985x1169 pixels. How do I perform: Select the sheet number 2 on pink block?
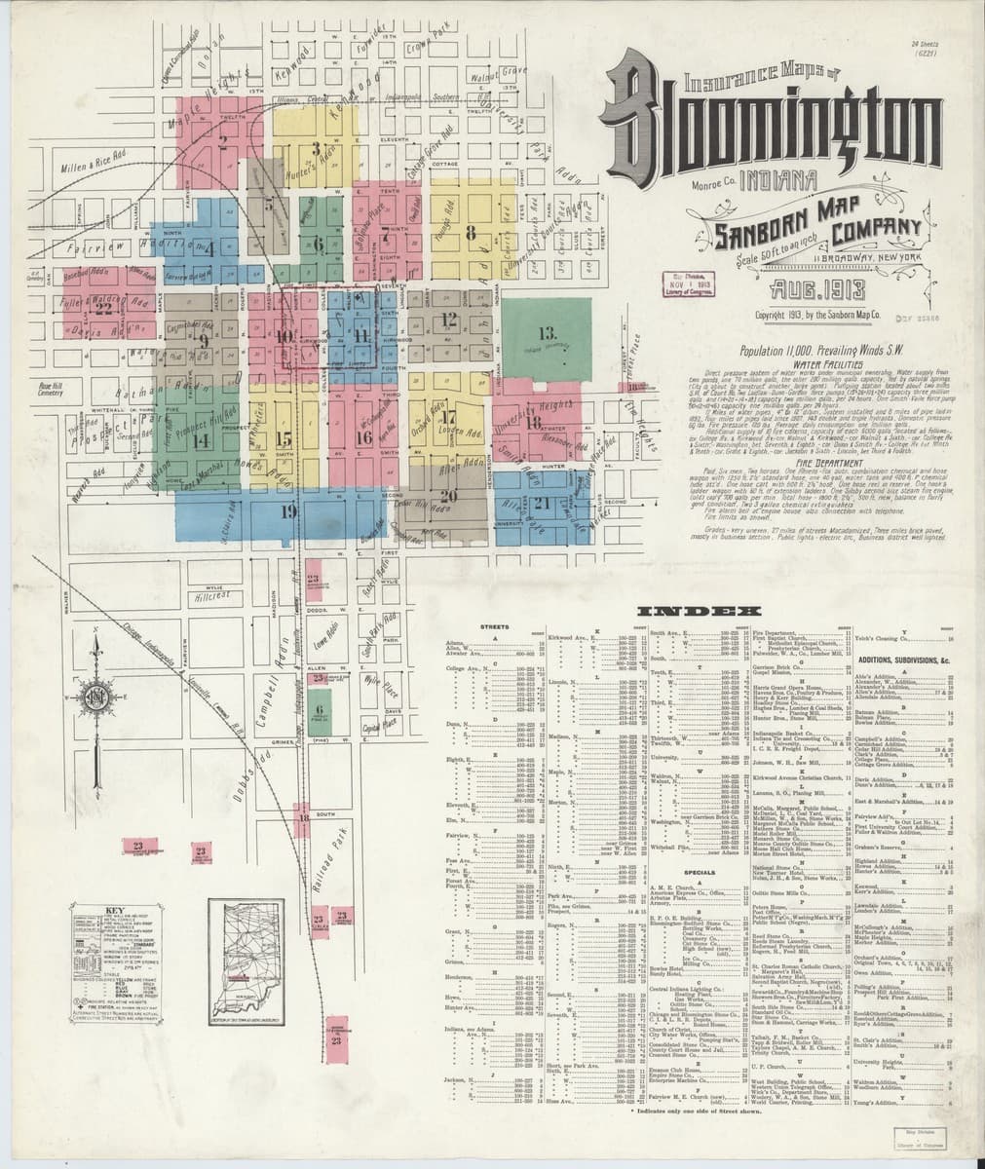tap(223, 140)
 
